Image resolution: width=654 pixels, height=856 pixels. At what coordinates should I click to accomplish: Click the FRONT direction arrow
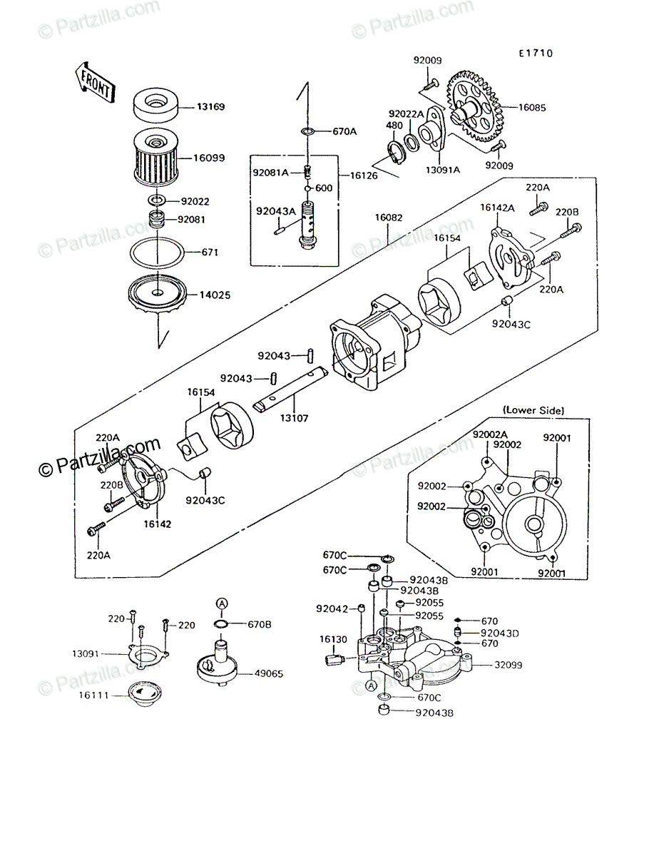tap(95, 82)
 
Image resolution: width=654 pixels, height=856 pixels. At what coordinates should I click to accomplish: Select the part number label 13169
tap(210, 106)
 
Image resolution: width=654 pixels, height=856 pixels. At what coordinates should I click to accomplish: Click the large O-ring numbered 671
tap(157, 253)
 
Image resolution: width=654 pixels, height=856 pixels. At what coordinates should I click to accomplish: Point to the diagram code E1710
tap(536, 53)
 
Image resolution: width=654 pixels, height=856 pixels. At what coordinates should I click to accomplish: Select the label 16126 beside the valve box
tap(364, 175)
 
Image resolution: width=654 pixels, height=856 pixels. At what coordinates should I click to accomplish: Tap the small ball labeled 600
tap(308, 189)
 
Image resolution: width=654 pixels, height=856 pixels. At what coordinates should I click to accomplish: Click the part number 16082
tap(389, 218)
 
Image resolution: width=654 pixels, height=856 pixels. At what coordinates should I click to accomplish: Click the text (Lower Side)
tap(533, 410)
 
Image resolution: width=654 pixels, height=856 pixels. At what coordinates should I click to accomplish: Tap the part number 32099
tap(509, 665)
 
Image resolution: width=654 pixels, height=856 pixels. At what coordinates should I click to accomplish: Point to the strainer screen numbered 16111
tap(145, 693)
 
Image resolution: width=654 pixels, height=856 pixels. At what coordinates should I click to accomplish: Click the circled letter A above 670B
tap(222, 603)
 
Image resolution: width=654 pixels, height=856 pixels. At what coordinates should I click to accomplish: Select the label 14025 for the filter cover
tap(215, 295)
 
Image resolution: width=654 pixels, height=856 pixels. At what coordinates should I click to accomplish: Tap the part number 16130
tap(333, 639)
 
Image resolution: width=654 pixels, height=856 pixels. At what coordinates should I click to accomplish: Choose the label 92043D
tap(500, 633)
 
